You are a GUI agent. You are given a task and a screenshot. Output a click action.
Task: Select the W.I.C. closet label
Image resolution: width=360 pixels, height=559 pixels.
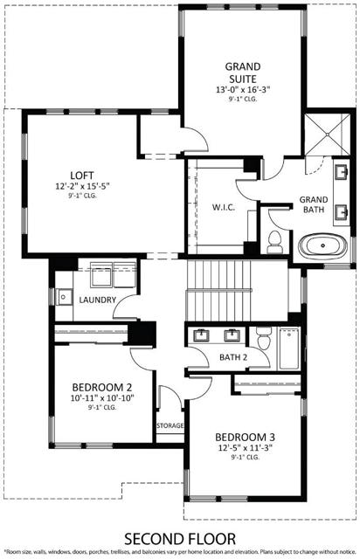coord(219,208)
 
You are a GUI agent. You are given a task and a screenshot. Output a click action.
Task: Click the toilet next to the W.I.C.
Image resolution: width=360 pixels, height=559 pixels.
coord(274,238)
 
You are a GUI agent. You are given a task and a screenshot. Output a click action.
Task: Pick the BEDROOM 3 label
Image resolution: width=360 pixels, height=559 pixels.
coord(245,437)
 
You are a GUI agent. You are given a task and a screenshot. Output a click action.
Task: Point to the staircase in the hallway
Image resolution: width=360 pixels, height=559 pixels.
coord(218,290)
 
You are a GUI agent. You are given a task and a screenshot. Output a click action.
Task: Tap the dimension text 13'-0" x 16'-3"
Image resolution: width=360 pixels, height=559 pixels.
coord(245,90)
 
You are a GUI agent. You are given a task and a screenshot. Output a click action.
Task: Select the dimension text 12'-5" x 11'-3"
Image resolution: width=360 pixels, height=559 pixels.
coord(246,448)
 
